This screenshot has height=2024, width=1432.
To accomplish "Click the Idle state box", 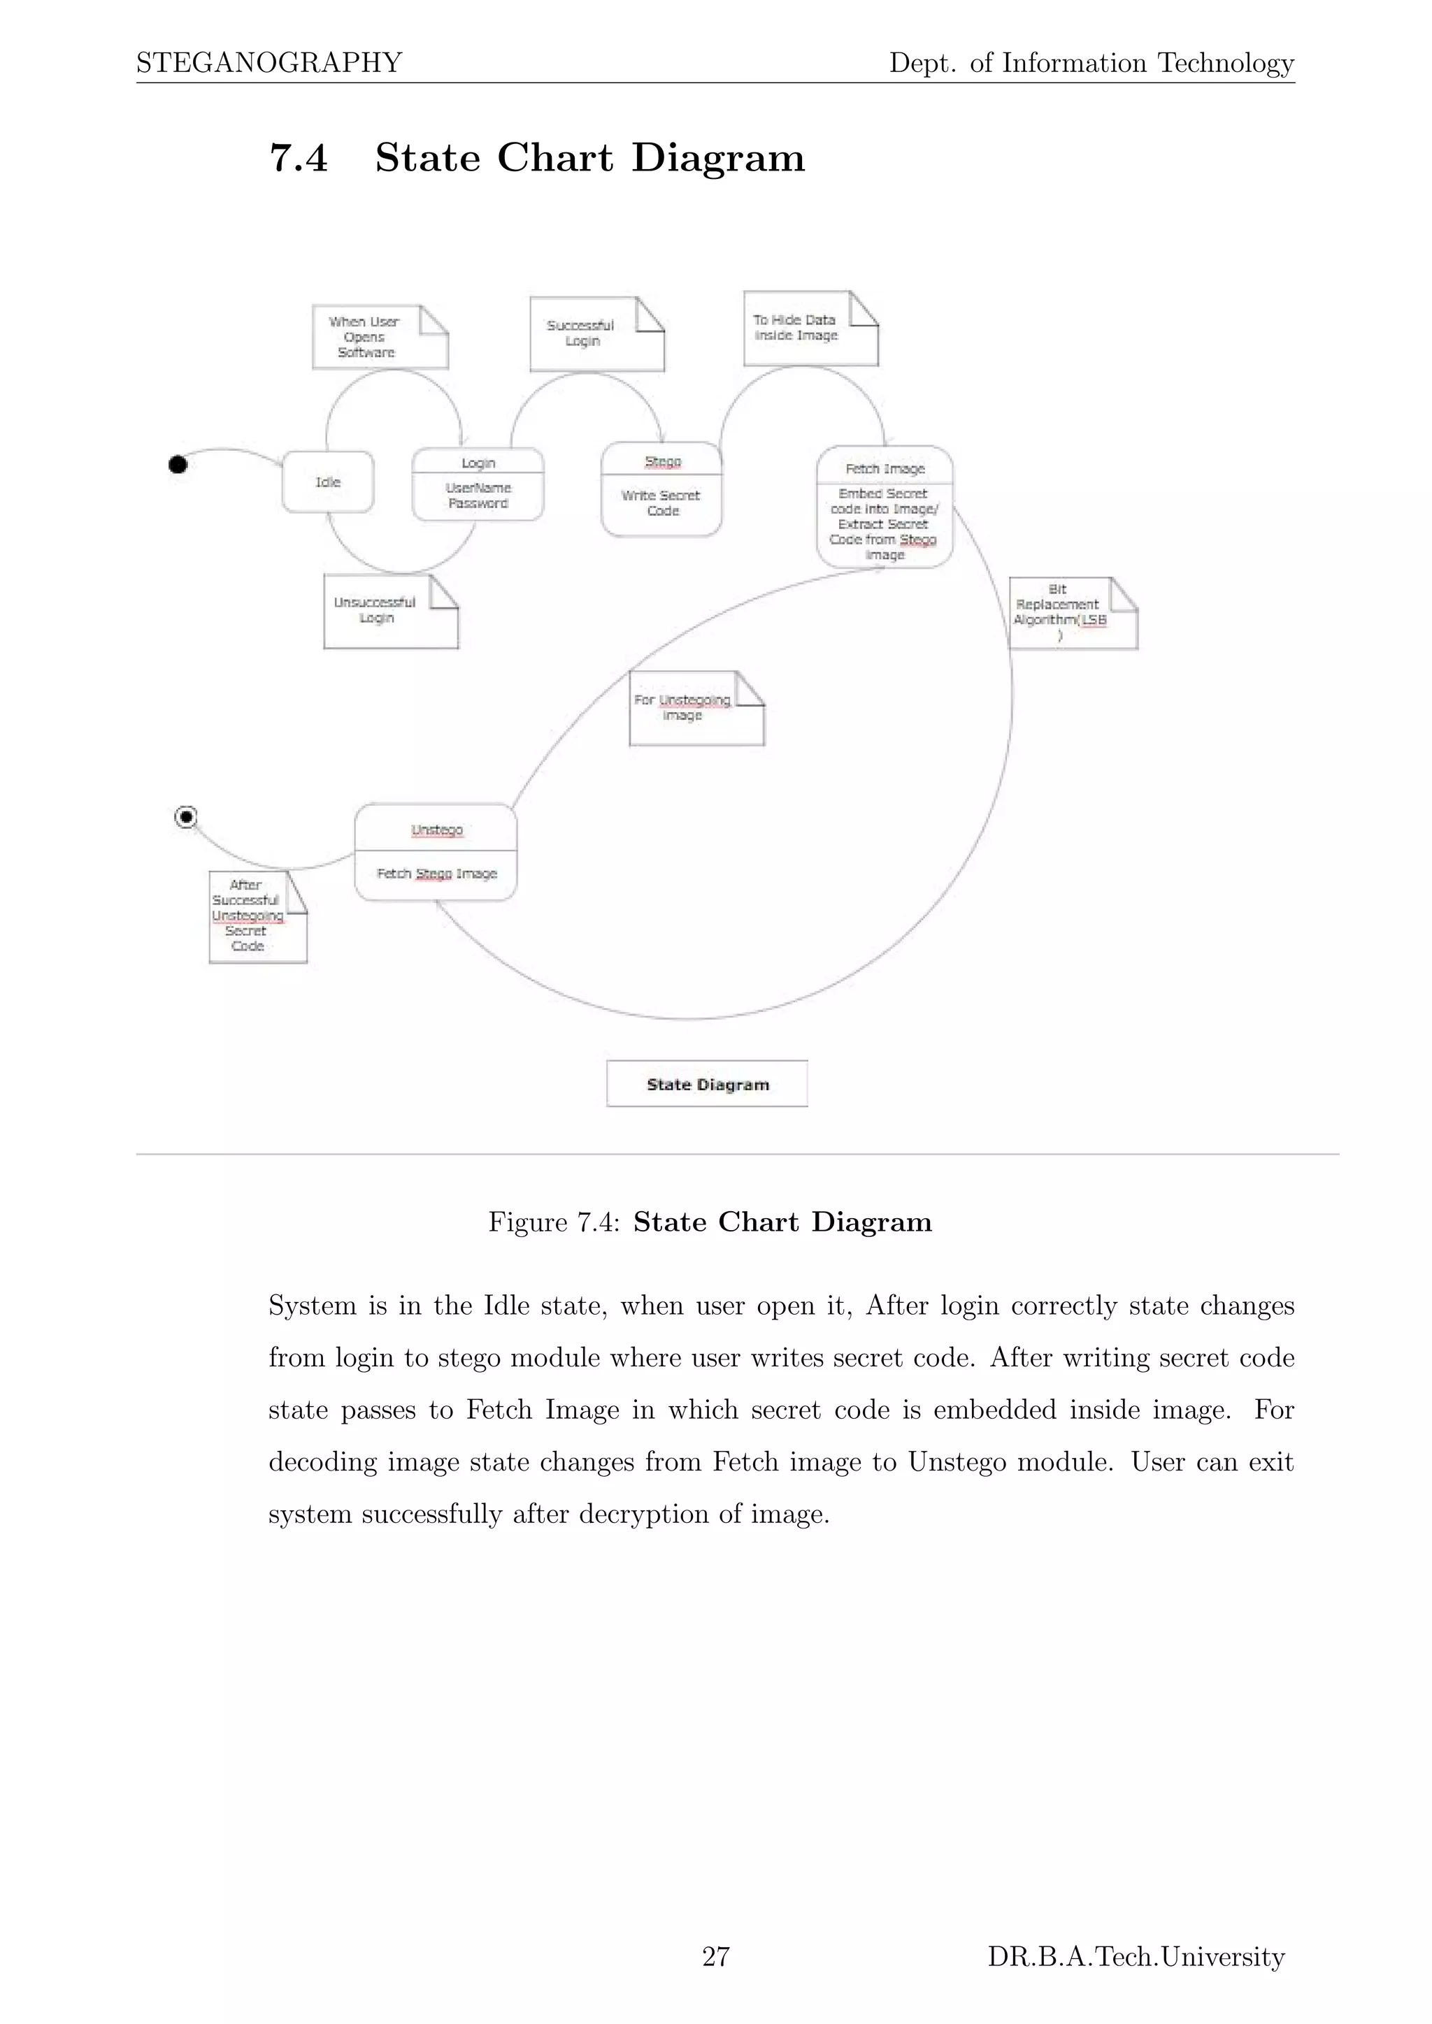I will (328, 482).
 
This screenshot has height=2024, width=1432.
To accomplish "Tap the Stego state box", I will (661, 489).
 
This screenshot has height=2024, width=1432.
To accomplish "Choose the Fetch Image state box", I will (885, 507).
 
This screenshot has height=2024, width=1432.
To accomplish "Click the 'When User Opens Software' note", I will (379, 337).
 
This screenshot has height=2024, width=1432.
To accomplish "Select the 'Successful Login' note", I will (596, 334).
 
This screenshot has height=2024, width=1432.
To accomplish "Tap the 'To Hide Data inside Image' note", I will (810, 328).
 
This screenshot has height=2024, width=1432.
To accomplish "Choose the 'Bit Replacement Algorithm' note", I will (1072, 614).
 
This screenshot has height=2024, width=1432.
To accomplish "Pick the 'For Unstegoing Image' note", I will (696, 709).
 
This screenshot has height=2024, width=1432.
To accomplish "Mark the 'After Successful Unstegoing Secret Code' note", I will (257, 917).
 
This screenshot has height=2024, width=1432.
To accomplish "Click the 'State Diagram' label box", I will (707, 1083).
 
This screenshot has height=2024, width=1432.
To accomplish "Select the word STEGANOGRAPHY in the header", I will (269, 63).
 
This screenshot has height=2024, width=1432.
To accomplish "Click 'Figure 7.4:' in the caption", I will (554, 1222).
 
